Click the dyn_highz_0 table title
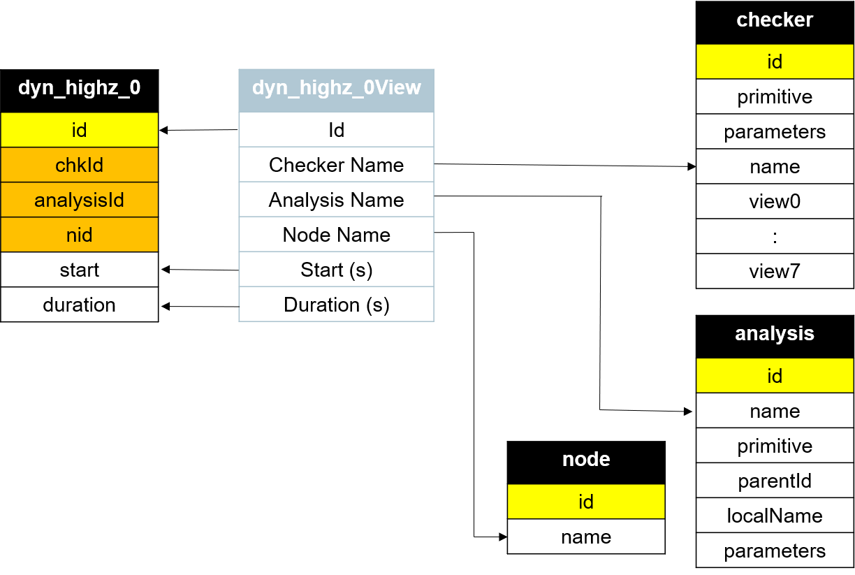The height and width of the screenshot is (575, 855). tap(79, 87)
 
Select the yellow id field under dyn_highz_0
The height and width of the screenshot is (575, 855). tap(79, 130)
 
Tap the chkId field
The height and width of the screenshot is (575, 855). tap(79, 165)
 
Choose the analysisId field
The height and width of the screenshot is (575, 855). tap(79, 200)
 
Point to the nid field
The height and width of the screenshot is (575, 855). tap(79, 235)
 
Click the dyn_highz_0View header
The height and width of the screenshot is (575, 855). tap(336, 88)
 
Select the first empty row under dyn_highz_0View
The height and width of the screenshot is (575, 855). tap(336, 130)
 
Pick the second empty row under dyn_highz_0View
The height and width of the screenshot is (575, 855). tap(336, 165)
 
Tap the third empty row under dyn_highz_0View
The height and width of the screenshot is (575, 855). tap(336, 200)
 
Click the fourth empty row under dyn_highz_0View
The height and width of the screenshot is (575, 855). tap(336, 235)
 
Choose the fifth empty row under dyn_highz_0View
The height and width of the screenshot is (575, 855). tap(336, 270)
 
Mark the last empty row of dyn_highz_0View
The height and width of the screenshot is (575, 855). tap(336, 305)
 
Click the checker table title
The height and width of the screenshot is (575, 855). tap(775, 20)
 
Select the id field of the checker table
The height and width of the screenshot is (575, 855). tap(775, 61)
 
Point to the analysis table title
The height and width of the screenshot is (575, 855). tap(775, 333)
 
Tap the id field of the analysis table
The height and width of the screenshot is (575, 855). tap(775, 376)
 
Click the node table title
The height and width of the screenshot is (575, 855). tap(586, 459)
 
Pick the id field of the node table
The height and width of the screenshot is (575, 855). tap(586, 502)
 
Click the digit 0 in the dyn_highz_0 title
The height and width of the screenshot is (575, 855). tap(134, 87)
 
